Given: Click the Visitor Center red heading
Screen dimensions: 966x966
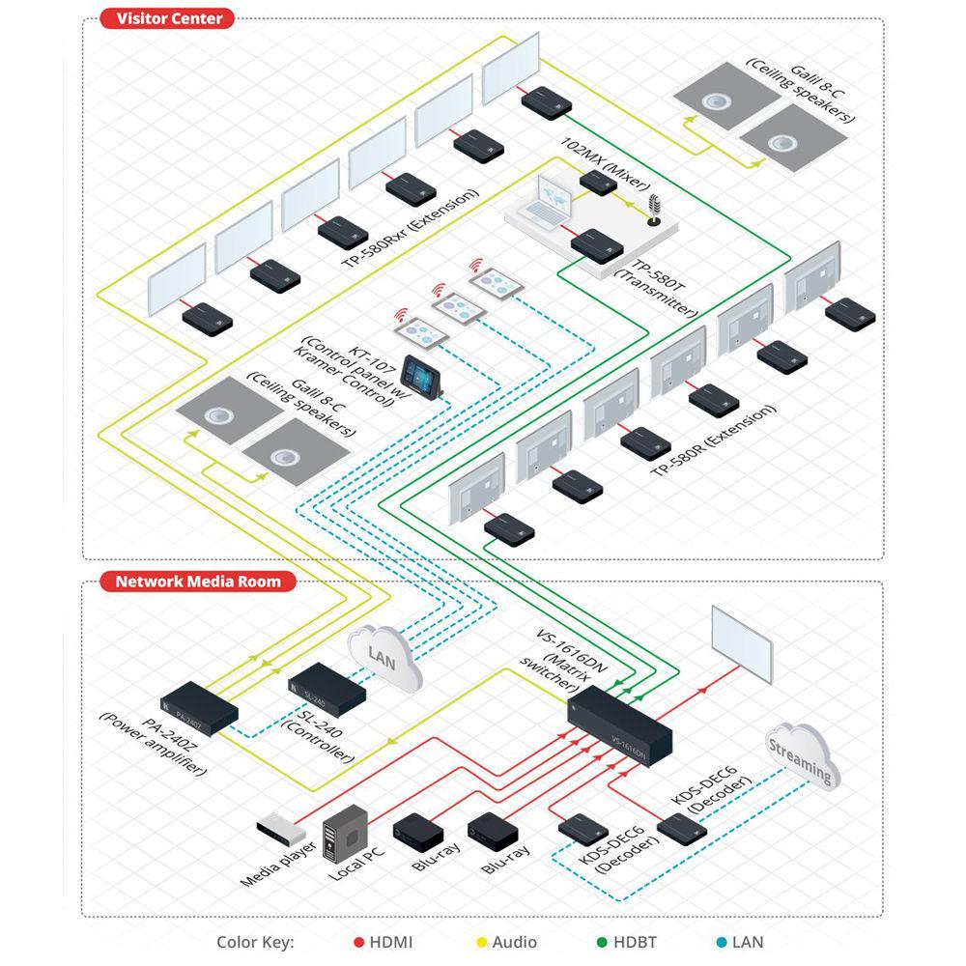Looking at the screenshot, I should tap(168, 18).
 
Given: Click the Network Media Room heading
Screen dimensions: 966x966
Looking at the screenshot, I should tap(197, 582).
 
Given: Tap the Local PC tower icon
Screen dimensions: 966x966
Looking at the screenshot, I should tap(345, 833).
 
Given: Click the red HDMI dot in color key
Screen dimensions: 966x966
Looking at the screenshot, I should tap(357, 942).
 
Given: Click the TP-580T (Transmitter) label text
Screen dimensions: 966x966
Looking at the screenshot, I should tap(656, 285).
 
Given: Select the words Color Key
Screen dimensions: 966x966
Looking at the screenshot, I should tap(254, 942).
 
